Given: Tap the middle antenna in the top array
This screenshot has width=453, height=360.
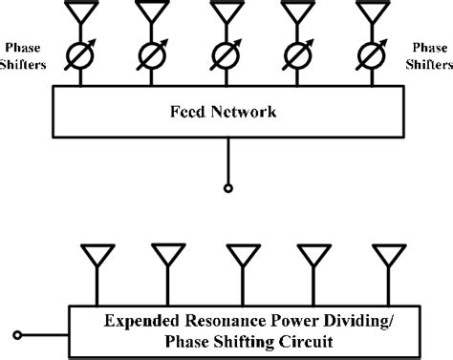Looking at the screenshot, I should point(226,12).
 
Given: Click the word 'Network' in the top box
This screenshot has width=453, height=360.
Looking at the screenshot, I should point(248,112).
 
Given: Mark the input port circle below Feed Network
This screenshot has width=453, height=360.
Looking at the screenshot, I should point(226,187).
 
